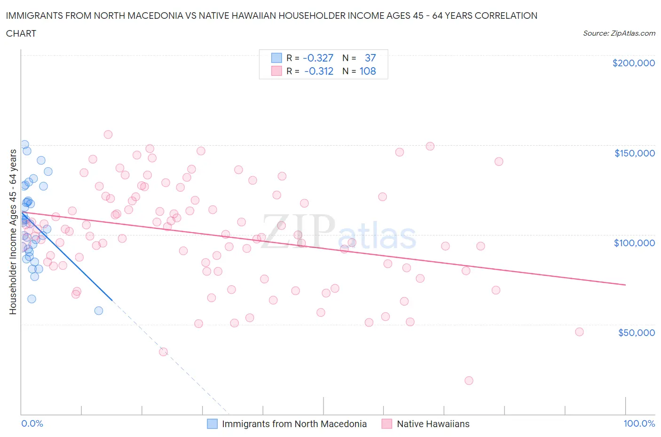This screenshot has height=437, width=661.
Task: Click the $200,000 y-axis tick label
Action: (x=633, y=63)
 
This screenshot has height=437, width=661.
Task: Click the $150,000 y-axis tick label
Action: (x=634, y=153)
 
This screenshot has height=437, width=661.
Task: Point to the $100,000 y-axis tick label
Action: (x=634, y=243)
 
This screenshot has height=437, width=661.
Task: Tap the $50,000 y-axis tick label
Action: (x=636, y=333)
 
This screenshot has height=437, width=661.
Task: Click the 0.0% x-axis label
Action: (x=32, y=424)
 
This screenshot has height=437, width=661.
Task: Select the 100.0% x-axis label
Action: (x=639, y=424)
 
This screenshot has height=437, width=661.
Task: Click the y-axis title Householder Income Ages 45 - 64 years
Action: (x=13, y=232)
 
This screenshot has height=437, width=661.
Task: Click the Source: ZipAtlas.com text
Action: (x=619, y=33)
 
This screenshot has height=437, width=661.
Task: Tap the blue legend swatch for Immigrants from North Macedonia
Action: (x=212, y=424)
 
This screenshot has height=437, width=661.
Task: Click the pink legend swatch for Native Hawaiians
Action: (x=387, y=424)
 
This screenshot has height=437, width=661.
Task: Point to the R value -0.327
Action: (x=318, y=58)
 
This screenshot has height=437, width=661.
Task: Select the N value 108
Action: (x=368, y=71)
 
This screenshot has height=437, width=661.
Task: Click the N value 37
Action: (x=370, y=58)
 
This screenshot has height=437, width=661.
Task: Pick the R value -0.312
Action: (x=319, y=71)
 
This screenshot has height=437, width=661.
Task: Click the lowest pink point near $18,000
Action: (x=469, y=381)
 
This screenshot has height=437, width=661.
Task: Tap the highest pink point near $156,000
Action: (x=108, y=134)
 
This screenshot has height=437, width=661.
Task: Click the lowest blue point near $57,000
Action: (x=99, y=311)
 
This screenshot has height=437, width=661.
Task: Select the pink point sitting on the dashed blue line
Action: (x=163, y=351)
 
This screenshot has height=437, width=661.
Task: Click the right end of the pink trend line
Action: (x=625, y=285)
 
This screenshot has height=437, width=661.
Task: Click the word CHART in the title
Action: (x=21, y=33)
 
